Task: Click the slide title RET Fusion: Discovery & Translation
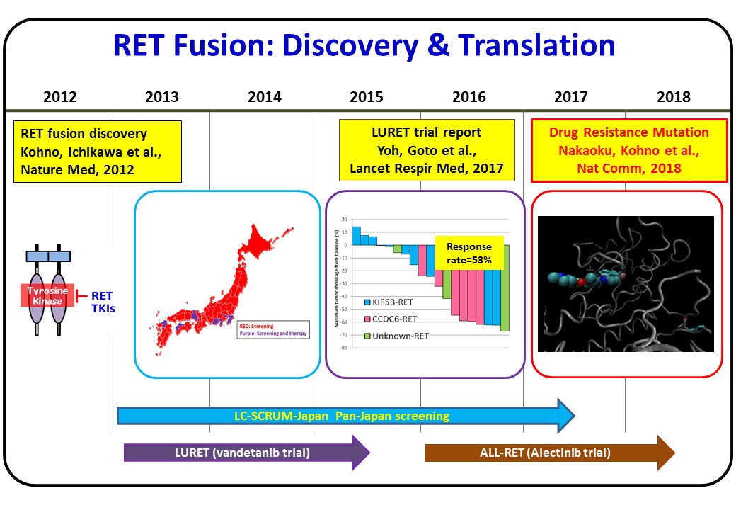point(364,45)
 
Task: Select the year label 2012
point(60,97)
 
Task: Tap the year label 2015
point(367,97)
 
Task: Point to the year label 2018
point(674,97)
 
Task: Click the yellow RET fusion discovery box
point(98,152)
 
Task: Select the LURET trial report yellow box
point(427,151)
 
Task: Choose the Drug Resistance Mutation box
point(629,150)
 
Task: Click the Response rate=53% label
point(468,253)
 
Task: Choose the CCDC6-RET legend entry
point(391,319)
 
